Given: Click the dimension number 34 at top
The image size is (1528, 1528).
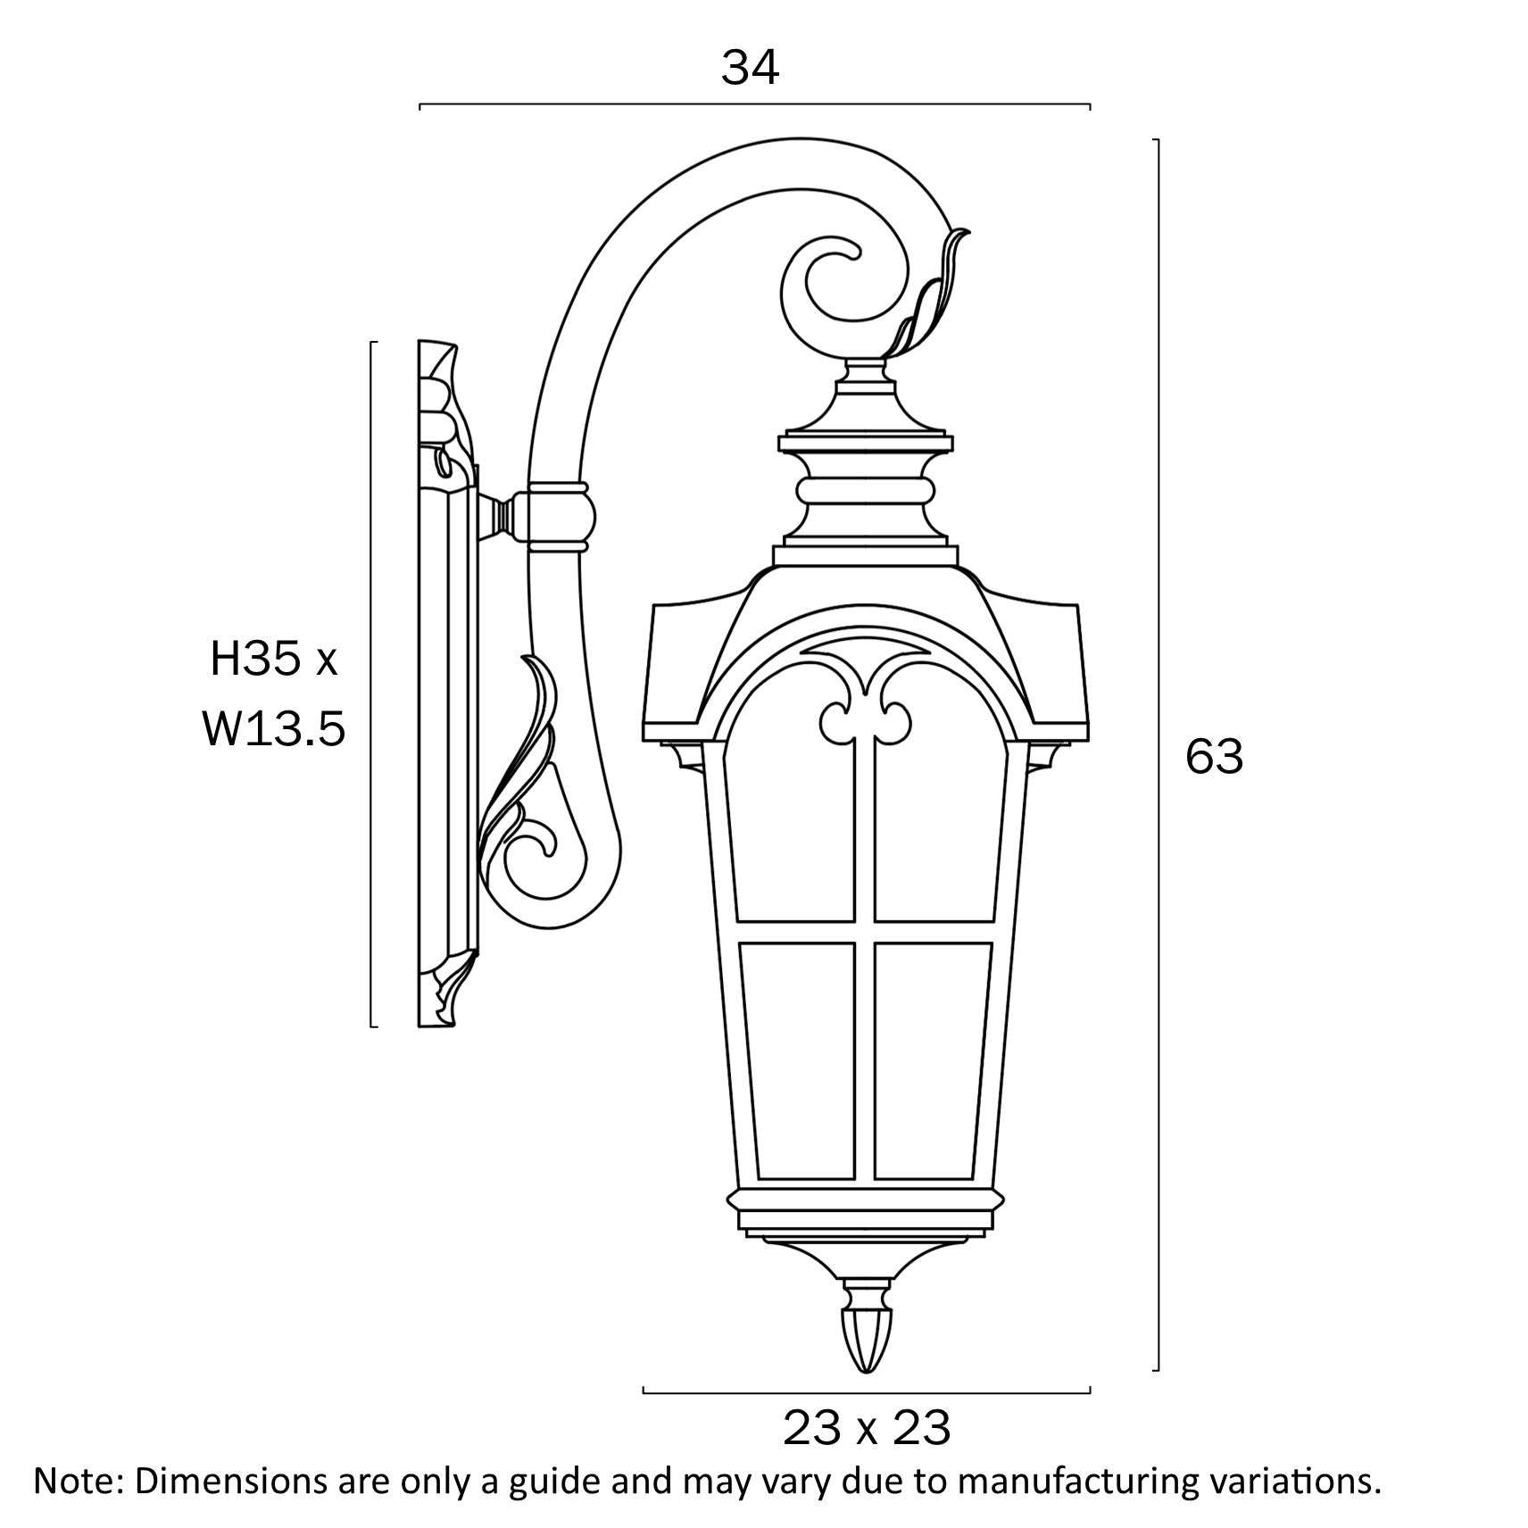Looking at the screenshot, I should pyautogui.click(x=750, y=68).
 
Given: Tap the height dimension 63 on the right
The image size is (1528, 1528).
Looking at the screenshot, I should pyautogui.click(x=1214, y=757).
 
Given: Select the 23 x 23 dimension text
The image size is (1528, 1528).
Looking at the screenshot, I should pyautogui.click(x=866, y=1428).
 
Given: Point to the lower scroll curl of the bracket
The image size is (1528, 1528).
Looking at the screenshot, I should pyautogui.click(x=536, y=857).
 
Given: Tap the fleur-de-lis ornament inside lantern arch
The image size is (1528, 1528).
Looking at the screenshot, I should pyautogui.click(x=865, y=705).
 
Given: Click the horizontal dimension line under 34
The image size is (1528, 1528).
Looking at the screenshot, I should pyautogui.click(x=754, y=104).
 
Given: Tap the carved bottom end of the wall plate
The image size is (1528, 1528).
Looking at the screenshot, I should pyautogui.click(x=446, y=995).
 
